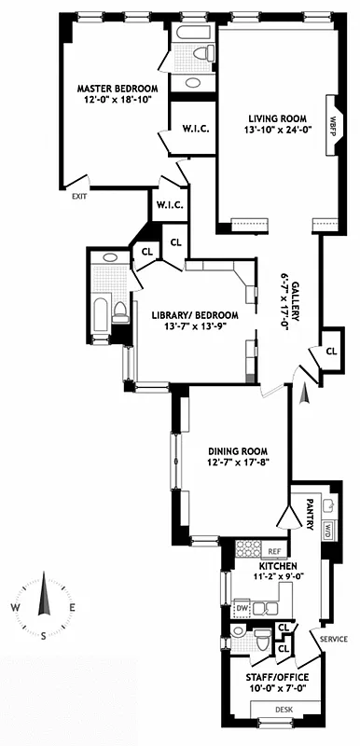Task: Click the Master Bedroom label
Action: pos(117,89)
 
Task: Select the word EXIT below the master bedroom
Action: pos(82,197)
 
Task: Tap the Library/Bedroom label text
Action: pos(195,315)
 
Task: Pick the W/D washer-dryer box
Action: pos(328,530)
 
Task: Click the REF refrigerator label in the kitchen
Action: pos(274,551)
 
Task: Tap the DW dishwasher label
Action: pos(242,608)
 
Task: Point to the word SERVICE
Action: pos(333,639)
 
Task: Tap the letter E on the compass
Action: pos(71,607)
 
